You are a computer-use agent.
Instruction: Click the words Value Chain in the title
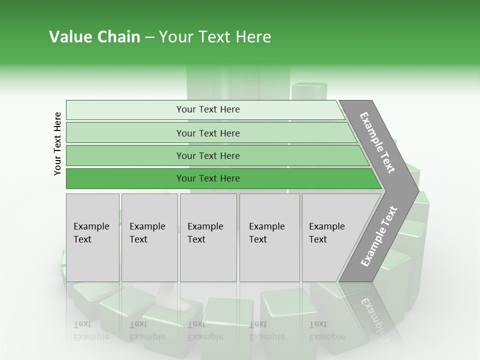point(94,37)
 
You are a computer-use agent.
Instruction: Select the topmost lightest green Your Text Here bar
point(208,109)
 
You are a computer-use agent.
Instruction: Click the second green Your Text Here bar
point(208,133)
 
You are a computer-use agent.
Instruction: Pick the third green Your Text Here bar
point(208,155)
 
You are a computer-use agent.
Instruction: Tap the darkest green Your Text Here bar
point(208,178)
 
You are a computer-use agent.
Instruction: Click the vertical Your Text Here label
point(57,143)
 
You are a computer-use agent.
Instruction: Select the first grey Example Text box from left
point(92,237)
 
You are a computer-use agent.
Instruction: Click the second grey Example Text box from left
point(149,237)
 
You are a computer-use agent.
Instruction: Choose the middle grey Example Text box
point(208,237)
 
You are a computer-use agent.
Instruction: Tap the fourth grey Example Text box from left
point(269,237)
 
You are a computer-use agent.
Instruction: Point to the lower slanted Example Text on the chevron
point(379,236)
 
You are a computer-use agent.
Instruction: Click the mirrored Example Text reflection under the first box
point(91,330)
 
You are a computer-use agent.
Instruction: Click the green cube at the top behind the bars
point(308,91)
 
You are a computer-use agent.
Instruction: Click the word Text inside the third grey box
point(196,239)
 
